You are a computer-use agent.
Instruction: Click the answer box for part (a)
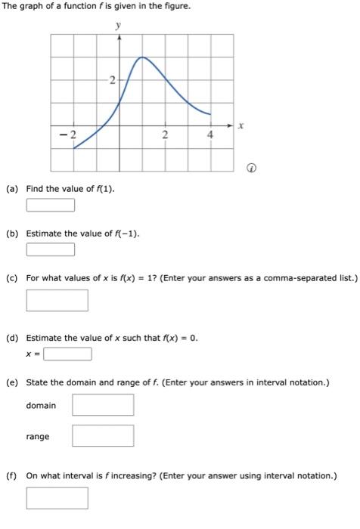pyautogui.click(x=51, y=205)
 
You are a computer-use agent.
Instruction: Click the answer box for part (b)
pyautogui.click(x=51, y=249)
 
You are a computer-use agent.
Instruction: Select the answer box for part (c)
pyautogui.click(x=57, y=300)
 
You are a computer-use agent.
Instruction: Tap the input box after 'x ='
pyautogui.click(x=68, y=354)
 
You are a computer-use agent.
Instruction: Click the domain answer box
pyautogui.click(x=103, y=405)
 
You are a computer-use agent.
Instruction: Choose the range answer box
pyautogui.click(x=103, y=436)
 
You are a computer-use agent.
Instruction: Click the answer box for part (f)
pyautogui.click(x=57, y=498)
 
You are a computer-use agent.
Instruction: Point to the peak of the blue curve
pyautogui.click(x=141, y=57)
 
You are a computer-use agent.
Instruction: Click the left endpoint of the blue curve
pyautogui.click(x=73, y=148)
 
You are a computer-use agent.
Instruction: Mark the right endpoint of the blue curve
pyautogui.click(x=211, y=115)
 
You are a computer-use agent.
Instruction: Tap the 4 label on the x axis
pyautogui.click(x=211, y=135)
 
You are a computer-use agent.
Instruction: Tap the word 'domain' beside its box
pyautogui.click(x=41, y=406)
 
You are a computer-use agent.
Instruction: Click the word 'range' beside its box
pyautogui.click(x=38, y=437)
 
